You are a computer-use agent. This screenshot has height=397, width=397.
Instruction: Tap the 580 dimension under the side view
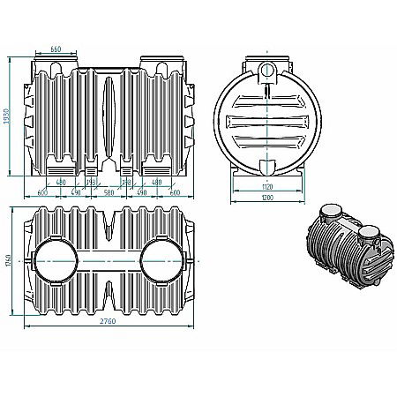(x=109, y=192)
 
